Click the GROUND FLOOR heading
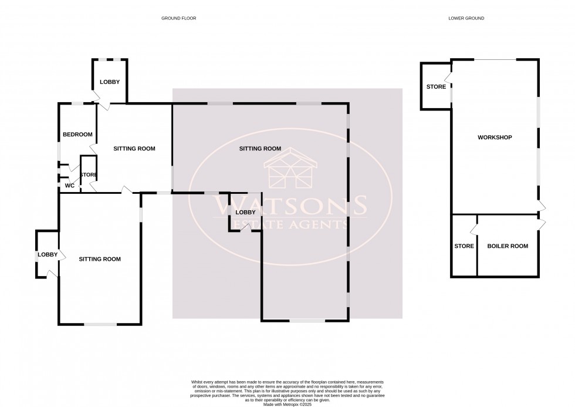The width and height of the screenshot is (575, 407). click(x=179, y=19)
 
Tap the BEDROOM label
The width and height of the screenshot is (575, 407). click(x=77, y=134)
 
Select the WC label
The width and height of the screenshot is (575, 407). click(x=69, y=186)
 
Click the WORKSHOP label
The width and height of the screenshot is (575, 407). click(x=495, y=137)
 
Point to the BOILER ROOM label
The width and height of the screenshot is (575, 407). click(x=508, y=246)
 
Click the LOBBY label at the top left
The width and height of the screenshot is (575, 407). click(x=110, y=82)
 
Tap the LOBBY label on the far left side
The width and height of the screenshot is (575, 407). click(x=48, y=254)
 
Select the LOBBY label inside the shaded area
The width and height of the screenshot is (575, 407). click(x=245, y=212)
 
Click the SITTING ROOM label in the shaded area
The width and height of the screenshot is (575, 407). click(x=260, y=149)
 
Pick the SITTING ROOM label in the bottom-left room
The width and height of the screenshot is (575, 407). click(x=100, y=259)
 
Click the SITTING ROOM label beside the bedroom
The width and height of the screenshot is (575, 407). click(x=134, y=149)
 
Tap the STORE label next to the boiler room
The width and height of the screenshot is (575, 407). click(x=464, y=246)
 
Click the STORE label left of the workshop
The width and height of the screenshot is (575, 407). click(x=436, y=88)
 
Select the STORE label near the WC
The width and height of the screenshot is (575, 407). click(x=89, y=175)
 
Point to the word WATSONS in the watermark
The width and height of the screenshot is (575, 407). click(x=290, y=206)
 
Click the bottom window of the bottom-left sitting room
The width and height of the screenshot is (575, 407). click(x=100, y=324)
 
